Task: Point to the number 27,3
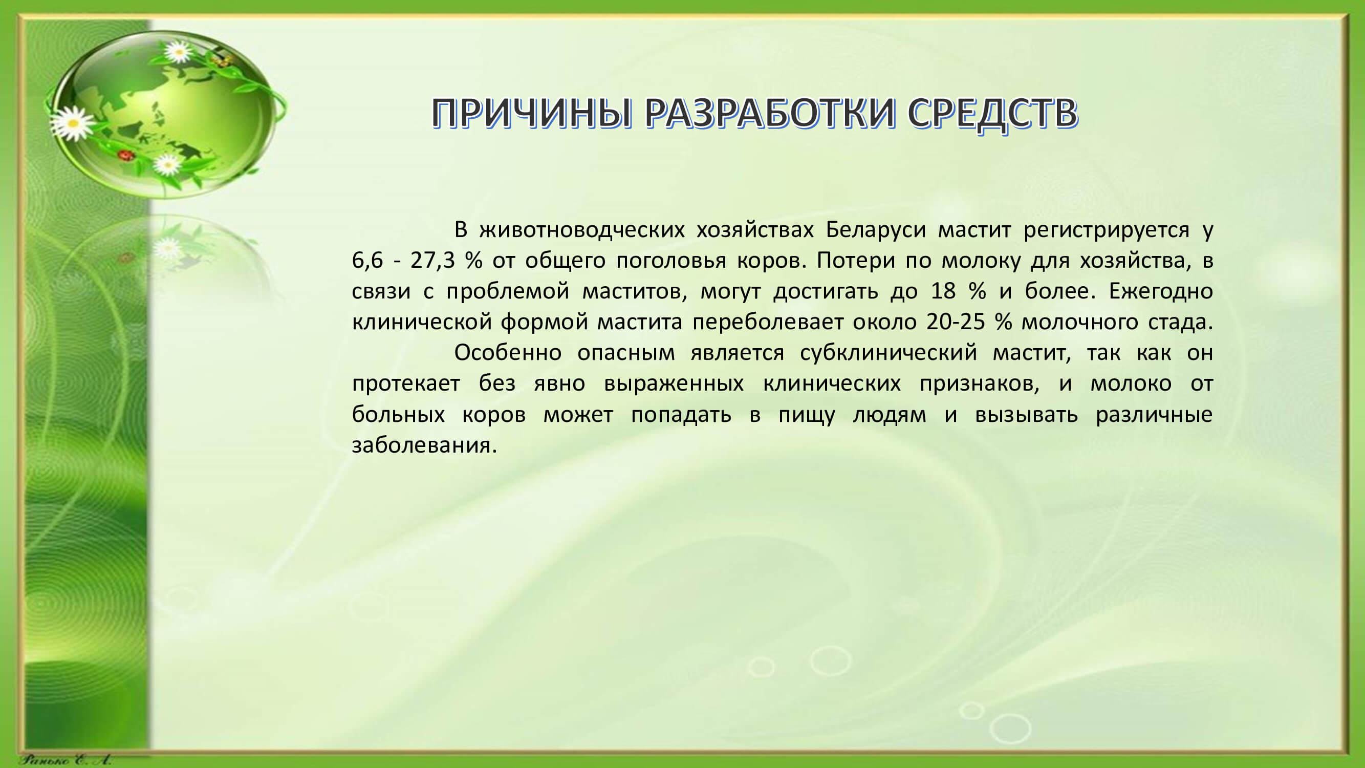[x=432, y=261]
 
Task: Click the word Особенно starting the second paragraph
[x=508, y=352]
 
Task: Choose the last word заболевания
[x=424, y=445]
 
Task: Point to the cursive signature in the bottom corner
[x=65, y=760]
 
